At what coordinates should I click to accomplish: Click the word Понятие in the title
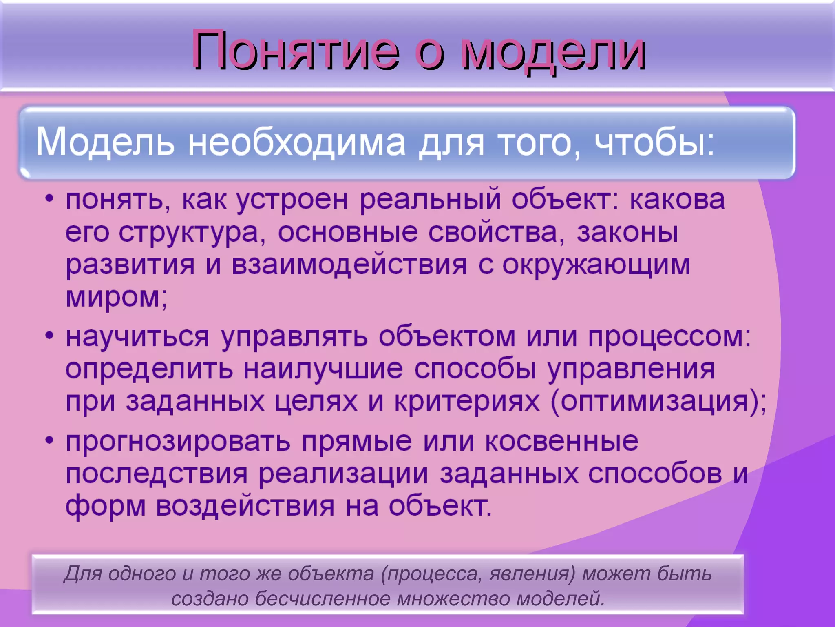pos(296,51)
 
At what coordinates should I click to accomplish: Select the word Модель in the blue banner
pos(105,142)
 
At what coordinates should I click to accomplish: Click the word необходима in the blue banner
pos(296,142)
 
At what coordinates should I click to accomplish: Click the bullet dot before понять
pos(49,199)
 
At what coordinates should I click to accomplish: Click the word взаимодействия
pos(349,265)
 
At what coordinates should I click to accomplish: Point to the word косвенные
pos(561,442)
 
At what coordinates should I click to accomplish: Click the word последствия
pos(157,475)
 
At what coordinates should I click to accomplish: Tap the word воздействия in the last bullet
pos(245,507)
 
